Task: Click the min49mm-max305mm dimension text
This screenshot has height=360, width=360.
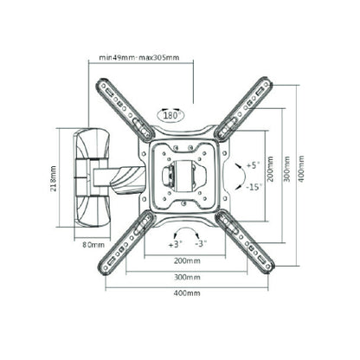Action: (x=139, y=57)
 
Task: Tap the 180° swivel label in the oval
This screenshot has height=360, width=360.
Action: (x=171, y=116)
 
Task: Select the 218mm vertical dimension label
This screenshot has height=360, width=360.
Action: (x=54, y=178)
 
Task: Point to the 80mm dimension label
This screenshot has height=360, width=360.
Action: (x=93, y=245)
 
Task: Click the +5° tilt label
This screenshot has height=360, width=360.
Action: (x=254, y=165)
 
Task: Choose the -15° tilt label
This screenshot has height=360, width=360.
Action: (x=254, y=187)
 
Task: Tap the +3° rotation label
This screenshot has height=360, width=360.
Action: (x=176, y=244)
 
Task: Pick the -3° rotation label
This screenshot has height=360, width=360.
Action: (x=201, y=244)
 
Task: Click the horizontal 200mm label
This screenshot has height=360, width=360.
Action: (x=187, y=261)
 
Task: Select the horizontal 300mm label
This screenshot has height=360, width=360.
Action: (x=187, y=277)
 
